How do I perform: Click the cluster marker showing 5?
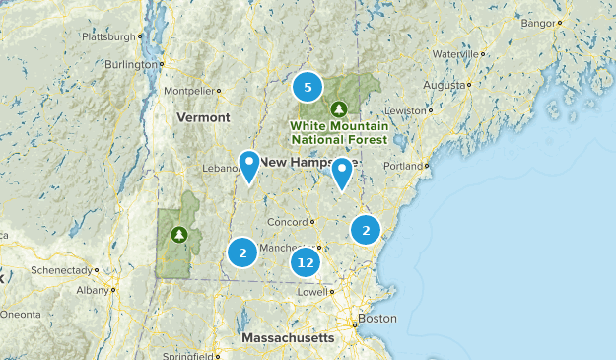coord(308,88)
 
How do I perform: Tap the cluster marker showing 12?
coord(306,262)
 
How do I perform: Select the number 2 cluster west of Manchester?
coord(242,252)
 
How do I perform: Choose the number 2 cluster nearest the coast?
coord(366,230)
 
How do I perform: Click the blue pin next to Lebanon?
coord(250,166)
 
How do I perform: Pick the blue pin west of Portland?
coord(341,173)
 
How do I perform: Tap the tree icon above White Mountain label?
coord(339,108)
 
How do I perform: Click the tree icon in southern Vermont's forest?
coord(178,234)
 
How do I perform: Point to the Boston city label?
coord(376,319)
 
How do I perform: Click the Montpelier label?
coord(187,91)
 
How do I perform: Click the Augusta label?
coord(444,85)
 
